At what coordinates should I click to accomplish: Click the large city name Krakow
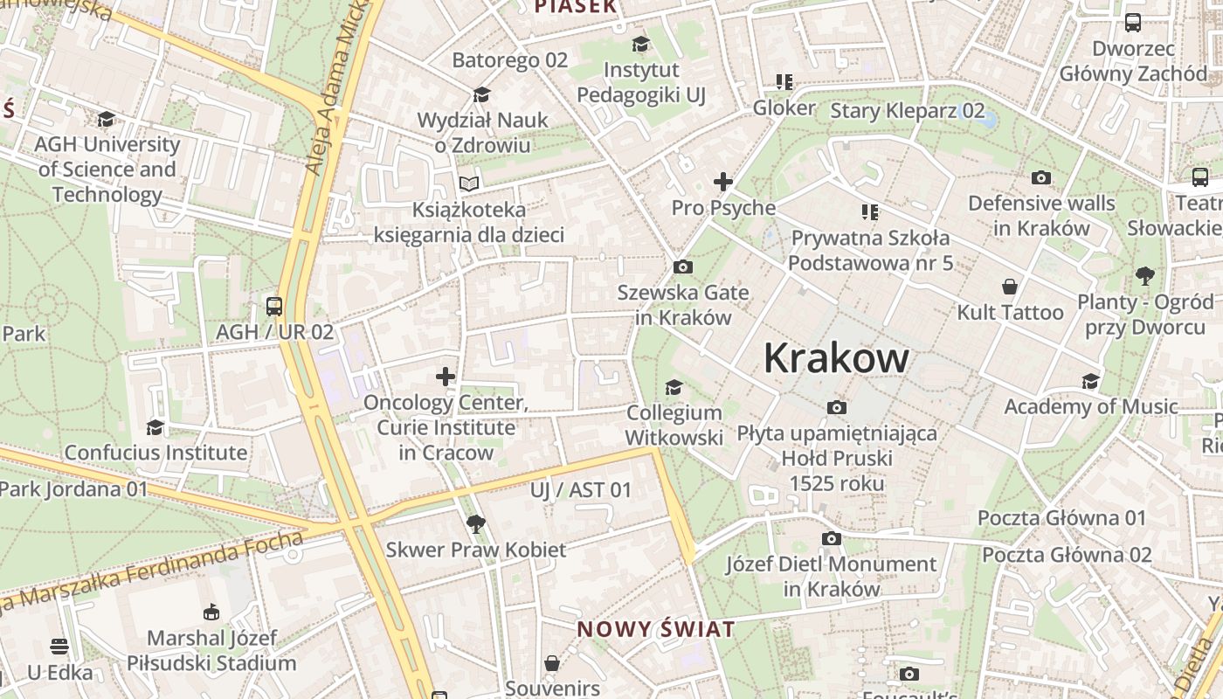pyautogui.click(x=836, y=358)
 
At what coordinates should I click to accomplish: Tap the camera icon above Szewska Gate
pyautogui.click(x=683, y=266)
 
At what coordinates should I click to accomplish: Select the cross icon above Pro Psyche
pyautogui.click(x=722, y=182)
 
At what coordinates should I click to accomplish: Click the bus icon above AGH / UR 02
pyautogui.click(x=274, y=306)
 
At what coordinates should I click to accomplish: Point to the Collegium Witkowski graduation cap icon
pyautogui.click(x=674, y=387)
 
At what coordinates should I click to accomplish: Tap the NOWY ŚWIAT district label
pyautogui.click(x=655, y=629)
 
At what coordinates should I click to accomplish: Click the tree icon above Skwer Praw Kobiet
pyautogui.click(x=476, y=524)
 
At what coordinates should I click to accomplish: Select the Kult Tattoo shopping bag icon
pyautogui.click(x=1010, y=287)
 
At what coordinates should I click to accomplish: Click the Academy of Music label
pyautogui.click(x=1090, y=406)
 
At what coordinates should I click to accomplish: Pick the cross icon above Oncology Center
pyautogui.click(x=446, y=377)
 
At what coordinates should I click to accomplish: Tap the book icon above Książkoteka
pyautogui.click(x=469, y=183)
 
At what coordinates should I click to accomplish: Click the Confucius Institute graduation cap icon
pyautogui.click(x=155, y=427)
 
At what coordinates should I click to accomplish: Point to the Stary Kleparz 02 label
pyautogui.click(x=907, y=111)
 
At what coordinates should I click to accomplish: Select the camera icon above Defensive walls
pyautogui.click(x=1041, y=178)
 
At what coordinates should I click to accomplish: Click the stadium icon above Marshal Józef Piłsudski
pyautogui.click(x=211, y=612)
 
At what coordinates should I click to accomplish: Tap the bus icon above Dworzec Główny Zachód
pyautogui.click(x=1133, y=23)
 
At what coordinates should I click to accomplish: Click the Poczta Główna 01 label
pyautogui.click(x=1061, y=518)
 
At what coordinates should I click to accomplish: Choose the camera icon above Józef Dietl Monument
pyautogui.click(x=832, y=538)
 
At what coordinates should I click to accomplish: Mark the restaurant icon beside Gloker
pyautogui.click(x=784, y=82)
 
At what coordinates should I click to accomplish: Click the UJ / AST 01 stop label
pyautogui.click(x=580, y=490)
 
